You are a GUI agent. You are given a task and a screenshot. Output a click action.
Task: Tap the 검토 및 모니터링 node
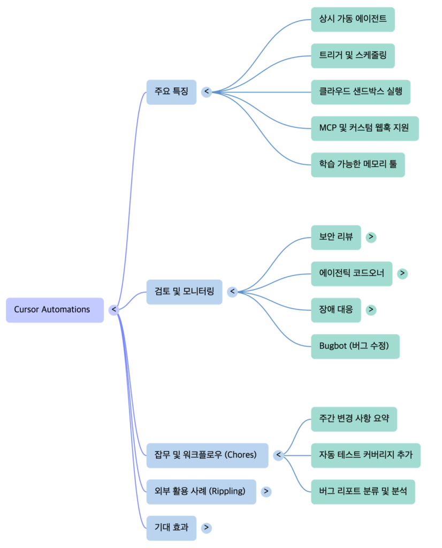(184, 292)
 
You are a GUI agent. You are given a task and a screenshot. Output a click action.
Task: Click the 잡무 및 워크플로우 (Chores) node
(207, 455)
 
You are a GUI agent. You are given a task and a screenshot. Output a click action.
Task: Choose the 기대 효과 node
(171, 528)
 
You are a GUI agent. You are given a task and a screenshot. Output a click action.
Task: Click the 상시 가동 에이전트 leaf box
(353, 19)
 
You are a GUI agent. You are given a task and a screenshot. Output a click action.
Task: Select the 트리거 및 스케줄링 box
(353, 56)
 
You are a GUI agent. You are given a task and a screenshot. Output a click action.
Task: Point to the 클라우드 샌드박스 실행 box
(361, 92)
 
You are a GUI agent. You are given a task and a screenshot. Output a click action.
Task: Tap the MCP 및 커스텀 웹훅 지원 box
(364, 128)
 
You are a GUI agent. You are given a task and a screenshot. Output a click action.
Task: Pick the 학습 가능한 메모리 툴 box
(357, 165)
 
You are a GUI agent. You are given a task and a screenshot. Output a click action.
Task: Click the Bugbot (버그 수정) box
(355, 346)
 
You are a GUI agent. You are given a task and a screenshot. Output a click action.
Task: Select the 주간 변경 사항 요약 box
(354, 419)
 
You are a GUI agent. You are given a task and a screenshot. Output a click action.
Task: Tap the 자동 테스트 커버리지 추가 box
(365, 455)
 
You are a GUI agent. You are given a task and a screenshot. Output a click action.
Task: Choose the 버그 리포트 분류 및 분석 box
(363, 492)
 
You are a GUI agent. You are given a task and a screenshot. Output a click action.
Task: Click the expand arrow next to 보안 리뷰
(371, 237)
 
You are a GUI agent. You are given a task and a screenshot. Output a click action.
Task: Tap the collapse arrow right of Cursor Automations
(113, 310)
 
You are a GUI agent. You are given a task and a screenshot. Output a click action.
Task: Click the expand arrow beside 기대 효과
(207, 528)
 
